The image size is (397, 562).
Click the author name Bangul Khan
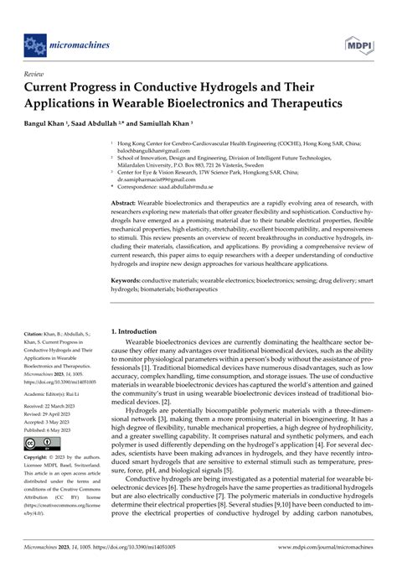point(50,119)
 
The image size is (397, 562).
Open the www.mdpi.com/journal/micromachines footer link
point(325,554)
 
